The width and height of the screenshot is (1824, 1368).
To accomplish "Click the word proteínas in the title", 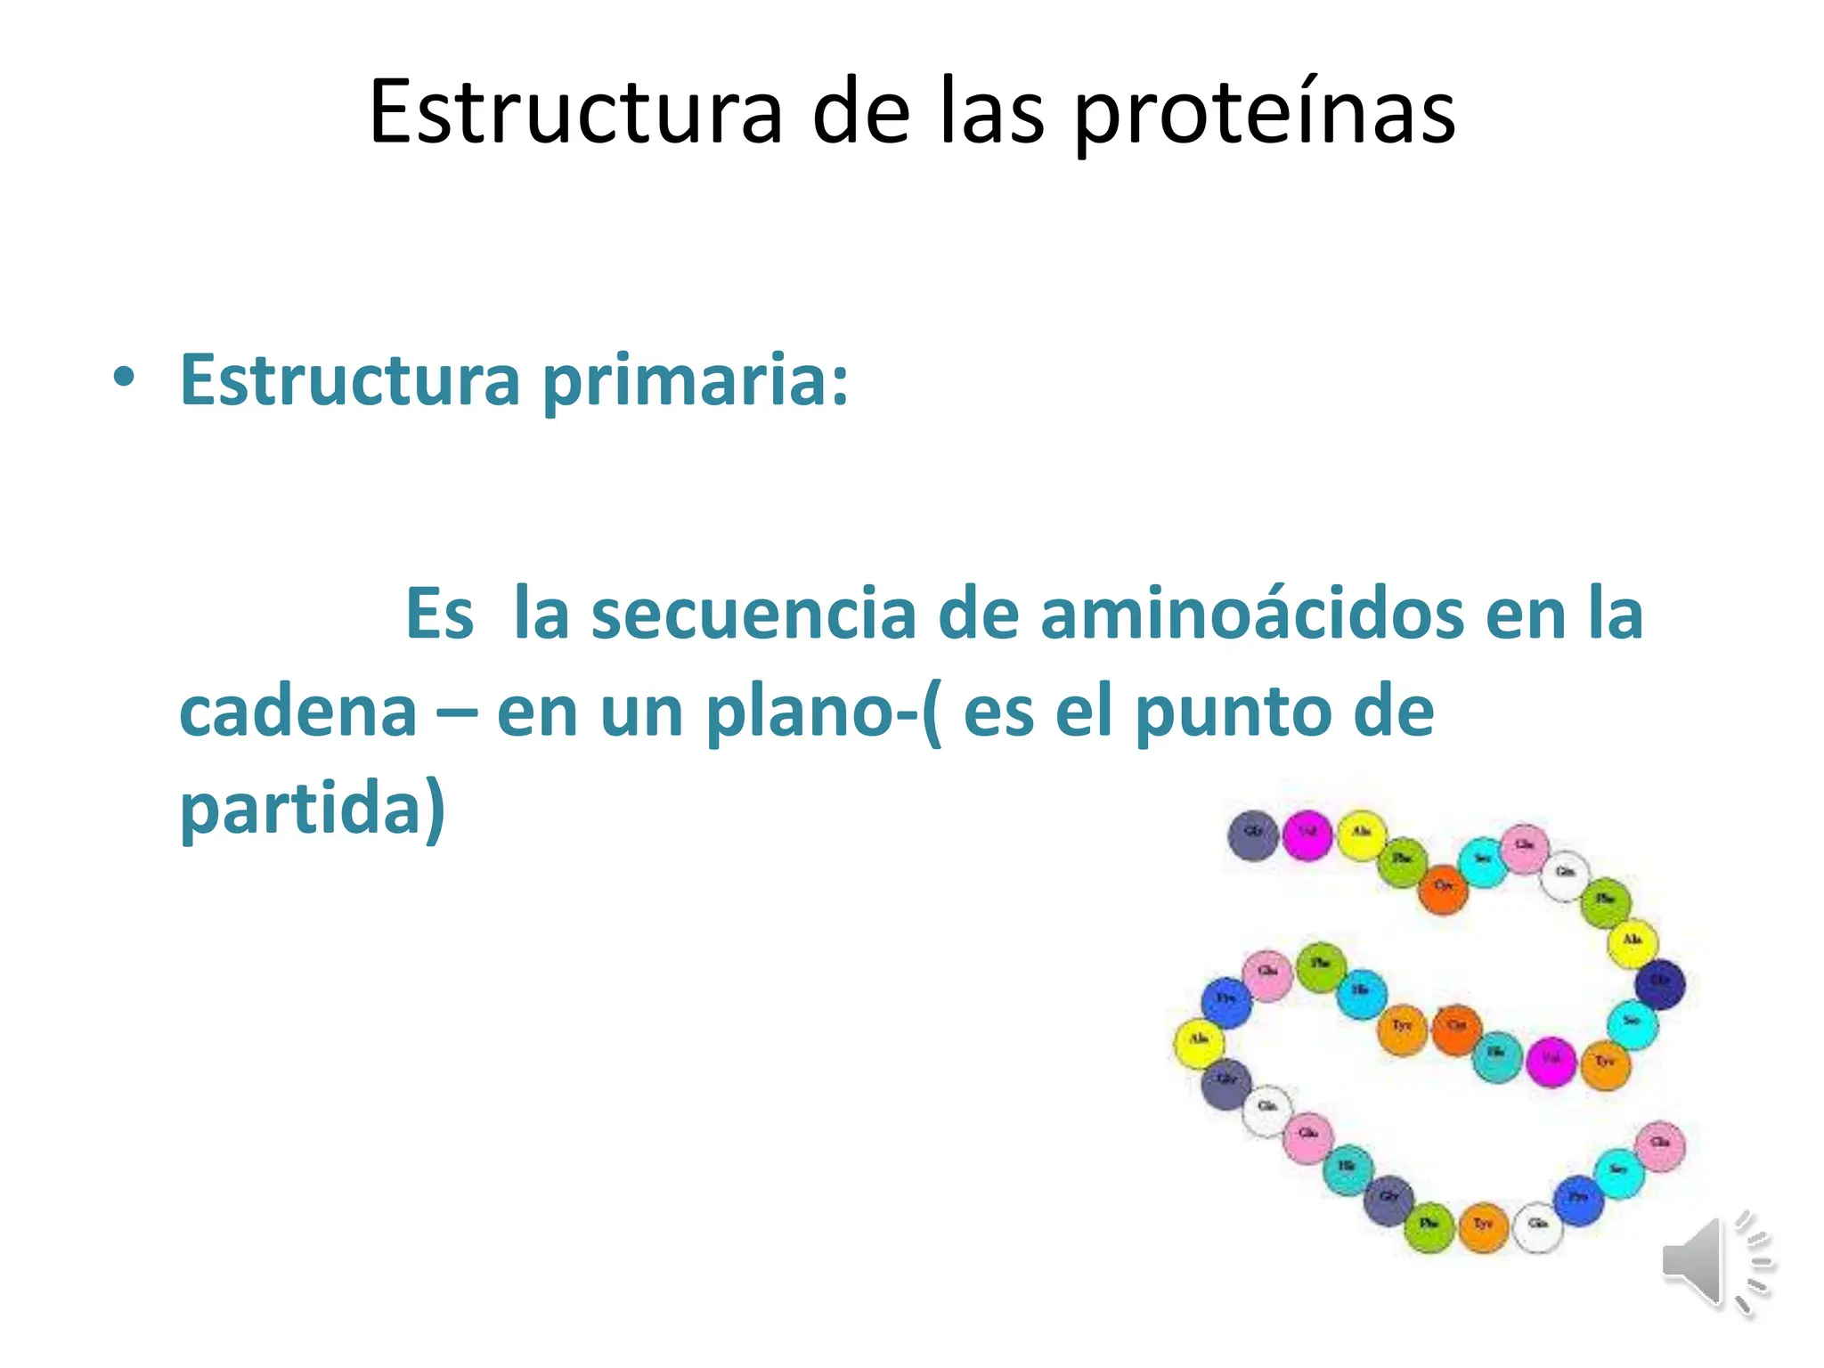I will [1265, 114].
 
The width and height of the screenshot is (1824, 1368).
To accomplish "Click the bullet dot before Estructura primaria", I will [124, 379].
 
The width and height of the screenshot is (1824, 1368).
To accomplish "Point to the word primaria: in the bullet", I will [695, 381].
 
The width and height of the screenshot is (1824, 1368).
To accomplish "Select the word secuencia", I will [753, 615].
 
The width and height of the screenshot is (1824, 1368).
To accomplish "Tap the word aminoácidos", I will [1251, 615].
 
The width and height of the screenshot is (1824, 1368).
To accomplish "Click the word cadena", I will [298, 712].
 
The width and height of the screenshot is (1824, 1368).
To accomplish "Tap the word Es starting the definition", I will [439, 615].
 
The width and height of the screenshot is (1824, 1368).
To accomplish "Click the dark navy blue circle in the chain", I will [1660, 984].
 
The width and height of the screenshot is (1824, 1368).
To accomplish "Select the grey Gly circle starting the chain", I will [1253, 835].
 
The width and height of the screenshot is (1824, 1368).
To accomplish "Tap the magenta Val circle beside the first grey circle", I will [1307, 835].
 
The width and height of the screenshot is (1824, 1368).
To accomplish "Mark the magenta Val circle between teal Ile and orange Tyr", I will [1551, 1062].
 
